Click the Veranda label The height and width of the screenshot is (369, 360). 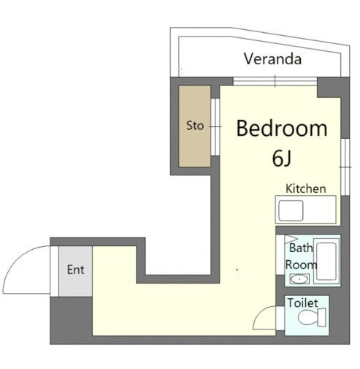pos(272,59)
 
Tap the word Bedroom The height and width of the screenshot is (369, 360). pos(282,129)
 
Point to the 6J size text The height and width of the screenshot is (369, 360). pos(281,159)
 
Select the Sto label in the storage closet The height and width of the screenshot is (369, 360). pos(195,126)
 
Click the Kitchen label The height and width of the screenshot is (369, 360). pos(306,189)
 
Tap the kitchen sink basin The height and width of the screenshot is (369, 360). pos(291,210)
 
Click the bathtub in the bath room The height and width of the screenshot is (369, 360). pos(326,261)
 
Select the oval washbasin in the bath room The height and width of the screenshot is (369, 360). pos(299,279)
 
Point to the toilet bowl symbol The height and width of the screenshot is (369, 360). pos(312,316)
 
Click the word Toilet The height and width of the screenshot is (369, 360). pos(302,303)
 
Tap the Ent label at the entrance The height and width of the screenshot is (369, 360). pos(75,270)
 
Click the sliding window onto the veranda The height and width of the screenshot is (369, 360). pos(275,81)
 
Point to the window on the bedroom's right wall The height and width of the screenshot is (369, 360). pos(345,167)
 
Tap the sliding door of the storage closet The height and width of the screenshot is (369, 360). pos(215,127)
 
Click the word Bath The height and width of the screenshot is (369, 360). pos(301,248)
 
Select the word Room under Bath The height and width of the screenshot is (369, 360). pos(301,265)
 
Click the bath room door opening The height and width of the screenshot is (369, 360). pos(280,254)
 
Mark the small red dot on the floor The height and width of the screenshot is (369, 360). pos(237,270)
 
